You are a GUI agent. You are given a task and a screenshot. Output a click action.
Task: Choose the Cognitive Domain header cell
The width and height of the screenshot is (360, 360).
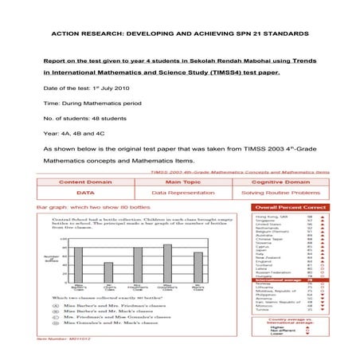[x=276, y=182]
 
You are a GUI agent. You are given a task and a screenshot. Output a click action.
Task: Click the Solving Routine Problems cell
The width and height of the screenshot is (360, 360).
[x=276, y=193]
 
